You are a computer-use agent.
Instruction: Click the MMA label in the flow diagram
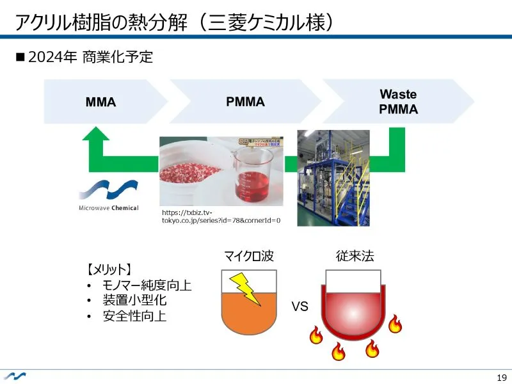101,102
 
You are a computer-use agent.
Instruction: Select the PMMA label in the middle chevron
246,102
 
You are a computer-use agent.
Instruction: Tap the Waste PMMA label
398,102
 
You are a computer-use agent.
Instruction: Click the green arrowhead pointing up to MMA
96,135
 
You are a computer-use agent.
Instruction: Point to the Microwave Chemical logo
108,195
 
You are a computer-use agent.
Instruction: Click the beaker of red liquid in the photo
253,173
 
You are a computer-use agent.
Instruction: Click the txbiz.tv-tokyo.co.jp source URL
221,216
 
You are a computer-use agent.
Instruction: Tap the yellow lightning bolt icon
244,289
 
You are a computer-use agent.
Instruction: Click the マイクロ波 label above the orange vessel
248,257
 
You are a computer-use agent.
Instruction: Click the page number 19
501,376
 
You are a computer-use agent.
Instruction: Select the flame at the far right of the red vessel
395,324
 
